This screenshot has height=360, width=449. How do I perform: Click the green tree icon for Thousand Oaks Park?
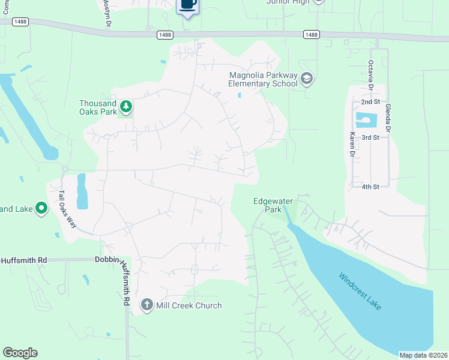[125, 107]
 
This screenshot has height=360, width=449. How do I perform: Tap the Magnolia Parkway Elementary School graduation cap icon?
[307, 79]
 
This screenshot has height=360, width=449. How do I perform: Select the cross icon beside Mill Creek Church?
[146, 305]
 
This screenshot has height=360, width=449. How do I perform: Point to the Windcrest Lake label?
[360, 292]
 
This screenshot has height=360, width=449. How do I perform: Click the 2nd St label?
[370, 102]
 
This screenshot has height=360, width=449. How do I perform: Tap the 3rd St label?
[370, 137]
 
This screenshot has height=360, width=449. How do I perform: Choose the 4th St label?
[370, 187]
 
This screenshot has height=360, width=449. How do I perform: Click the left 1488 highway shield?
[164, 35]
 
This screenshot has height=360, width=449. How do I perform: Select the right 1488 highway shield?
[310, 35]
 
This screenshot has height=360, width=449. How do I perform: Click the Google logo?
[20, 353]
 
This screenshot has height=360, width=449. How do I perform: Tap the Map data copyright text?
[423, 355]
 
